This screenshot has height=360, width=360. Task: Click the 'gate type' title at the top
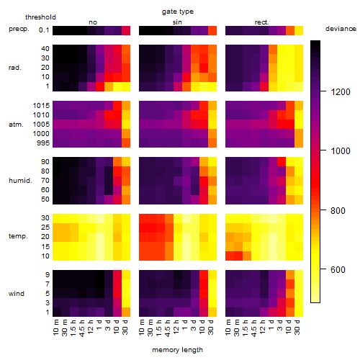coord(178,12)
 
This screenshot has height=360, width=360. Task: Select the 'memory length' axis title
coord(177,350)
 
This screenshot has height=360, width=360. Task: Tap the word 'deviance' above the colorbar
coord(341,29)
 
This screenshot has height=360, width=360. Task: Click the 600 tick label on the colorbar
coord(338,270)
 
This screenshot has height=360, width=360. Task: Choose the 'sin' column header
coord(177,22)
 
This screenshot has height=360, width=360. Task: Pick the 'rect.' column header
coord(261,22)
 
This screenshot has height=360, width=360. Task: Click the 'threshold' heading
coord(40,17)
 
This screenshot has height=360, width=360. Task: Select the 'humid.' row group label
coord(20,181)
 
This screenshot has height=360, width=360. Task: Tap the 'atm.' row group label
coord(16,125)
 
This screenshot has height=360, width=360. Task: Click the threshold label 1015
coord(41,106)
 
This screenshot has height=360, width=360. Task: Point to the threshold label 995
coord(43,143)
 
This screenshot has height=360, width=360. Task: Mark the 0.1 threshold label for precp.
coord(44,30)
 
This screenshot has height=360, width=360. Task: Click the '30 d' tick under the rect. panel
coord(297,327)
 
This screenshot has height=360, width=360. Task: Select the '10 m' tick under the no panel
coord(55,328)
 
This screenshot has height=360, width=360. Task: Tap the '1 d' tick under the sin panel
coord(185,325)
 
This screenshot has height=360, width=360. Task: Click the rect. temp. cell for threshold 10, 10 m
coord(230,256)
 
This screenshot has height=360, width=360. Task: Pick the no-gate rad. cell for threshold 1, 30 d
coord(126,86)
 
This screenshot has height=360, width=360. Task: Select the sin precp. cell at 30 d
coord(212,30)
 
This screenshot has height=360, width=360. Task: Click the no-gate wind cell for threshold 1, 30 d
coord(126,312)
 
